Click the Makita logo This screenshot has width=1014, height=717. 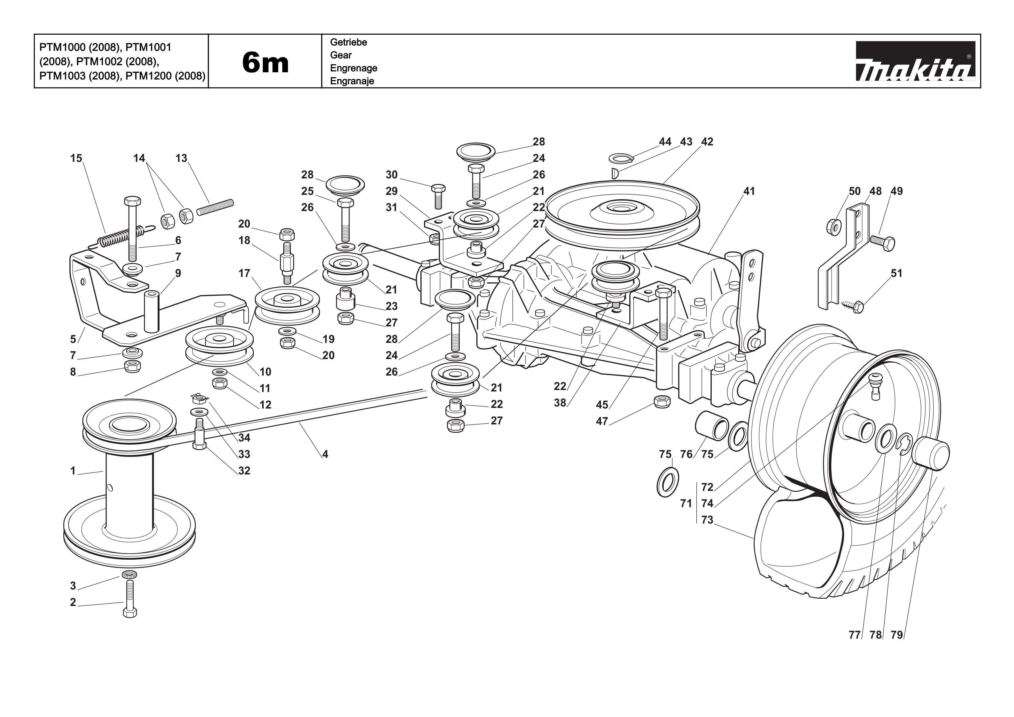(915, 61)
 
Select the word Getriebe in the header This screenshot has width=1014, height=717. (348, 42)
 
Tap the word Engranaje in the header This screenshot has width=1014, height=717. (352, 81)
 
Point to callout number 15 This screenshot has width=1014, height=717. (76, 158)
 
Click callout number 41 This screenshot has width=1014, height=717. (749, 191)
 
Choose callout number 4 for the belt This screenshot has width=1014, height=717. (325, 454)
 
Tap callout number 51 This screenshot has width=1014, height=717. (896, 274)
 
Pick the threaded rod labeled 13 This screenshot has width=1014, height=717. (215, 207)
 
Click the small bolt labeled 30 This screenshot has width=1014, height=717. (438, 195)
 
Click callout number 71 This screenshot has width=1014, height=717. (686, 503)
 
